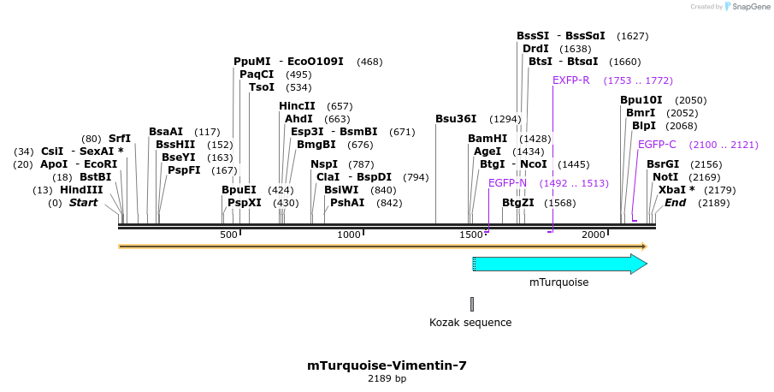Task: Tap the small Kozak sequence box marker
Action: pyautogui.click(x=471, y=304)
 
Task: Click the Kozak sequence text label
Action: pyautogui.click(x=470, y=323)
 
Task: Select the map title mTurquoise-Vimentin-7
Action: pyautogui.click(x=387, y=365)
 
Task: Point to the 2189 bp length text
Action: pyautogui.click(x=387, y=378)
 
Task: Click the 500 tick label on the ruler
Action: pyautogui.click(x=228, y=235)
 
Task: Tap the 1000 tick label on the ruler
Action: pyautogui.click(x=349, y=235)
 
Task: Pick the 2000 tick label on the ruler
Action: pyautogui.click(x=594, y=235)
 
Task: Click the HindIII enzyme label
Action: pyautogui.click(x=81, y=190)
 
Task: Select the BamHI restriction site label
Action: pyautogui.click(x=487, y=139)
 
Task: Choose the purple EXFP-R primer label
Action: pyautogui.click(x=571, y=80)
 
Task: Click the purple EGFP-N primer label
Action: pyautogui.click(x=508, y=183)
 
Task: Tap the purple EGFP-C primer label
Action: pyautogui.click(x=657, y=145)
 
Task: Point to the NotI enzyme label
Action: pyautogui.click(x=665, y=177)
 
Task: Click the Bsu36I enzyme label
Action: pyautogui.click(x=456, y=119)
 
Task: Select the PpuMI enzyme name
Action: pyautogui.click(x=251, y=62)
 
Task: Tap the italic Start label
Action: pyautogui.click(x=83, y=203)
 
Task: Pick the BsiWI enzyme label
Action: pyautogui.click(x=341, y=190)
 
